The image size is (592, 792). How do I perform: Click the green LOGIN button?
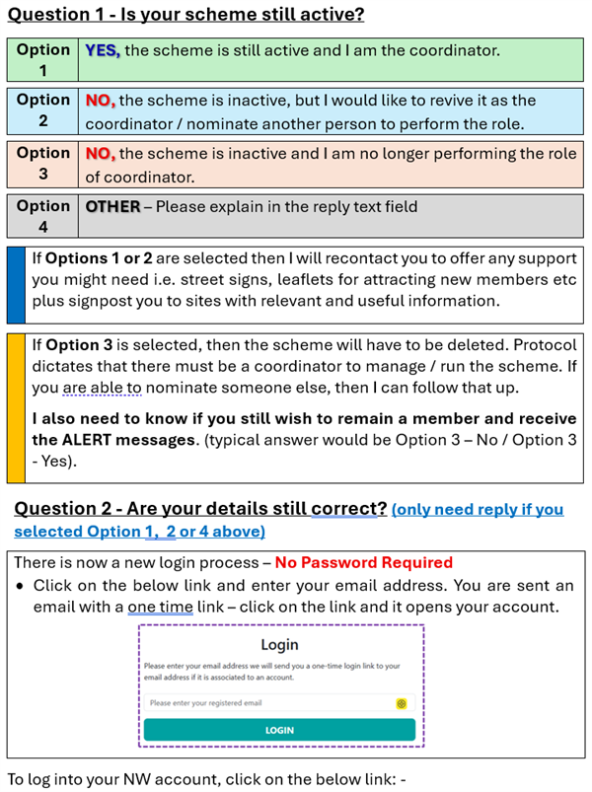point(279,730)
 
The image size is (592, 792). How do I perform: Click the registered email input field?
point(266,703)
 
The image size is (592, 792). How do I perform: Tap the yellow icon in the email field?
point(402,703)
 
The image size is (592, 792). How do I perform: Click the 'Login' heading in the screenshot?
point(279,645)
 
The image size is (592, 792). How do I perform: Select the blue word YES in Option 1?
point(102,49)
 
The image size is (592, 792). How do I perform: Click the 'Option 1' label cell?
point(42,59)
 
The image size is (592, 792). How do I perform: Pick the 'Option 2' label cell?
point(42,111)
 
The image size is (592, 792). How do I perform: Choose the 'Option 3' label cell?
point(42,165)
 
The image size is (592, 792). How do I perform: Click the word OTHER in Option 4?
point(111,207)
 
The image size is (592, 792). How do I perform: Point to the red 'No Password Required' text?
point(363,562)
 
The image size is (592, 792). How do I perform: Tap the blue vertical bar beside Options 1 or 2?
point(16,285)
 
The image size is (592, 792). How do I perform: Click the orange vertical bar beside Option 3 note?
point(16,407)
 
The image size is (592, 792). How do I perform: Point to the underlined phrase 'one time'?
point(160,606)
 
